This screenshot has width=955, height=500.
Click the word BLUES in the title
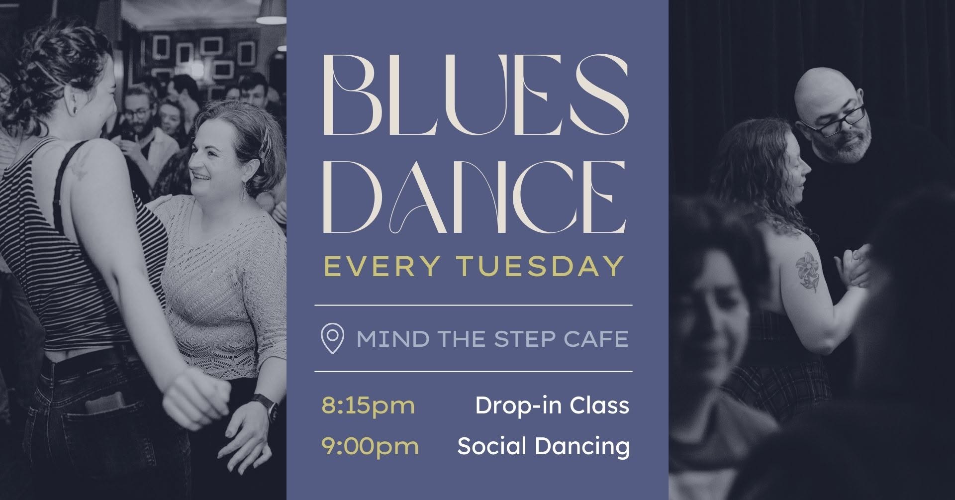tap(476, 95)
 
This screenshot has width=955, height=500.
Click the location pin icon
tap(333, 339)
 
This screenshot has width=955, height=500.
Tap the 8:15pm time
tap(368, 405)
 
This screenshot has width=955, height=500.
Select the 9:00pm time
tap(370, 446)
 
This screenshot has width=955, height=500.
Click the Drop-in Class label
tap(552, 405)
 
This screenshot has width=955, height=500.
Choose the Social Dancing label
tap(544, 446)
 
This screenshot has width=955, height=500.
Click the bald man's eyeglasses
tap(833, 121)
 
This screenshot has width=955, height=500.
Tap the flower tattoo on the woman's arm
tap(806, 271)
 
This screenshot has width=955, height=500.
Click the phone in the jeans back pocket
tap(105, 403)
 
